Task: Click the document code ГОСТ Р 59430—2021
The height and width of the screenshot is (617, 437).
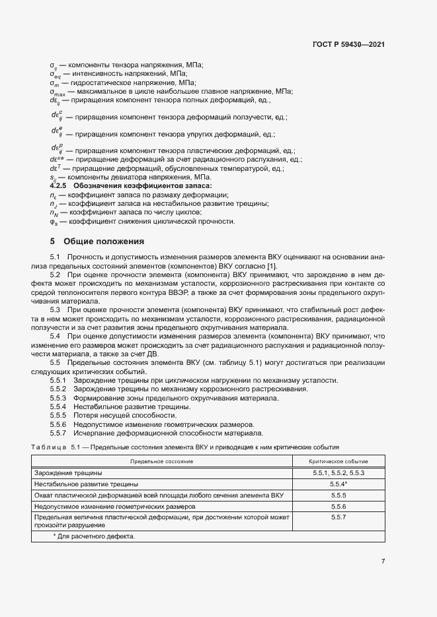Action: [x=348, y=45]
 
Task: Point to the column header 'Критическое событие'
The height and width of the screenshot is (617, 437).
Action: [x=338, y=461]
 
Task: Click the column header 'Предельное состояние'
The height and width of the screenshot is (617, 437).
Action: [x=161, y=461]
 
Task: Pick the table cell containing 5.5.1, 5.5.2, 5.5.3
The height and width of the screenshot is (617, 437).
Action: [x=338, y=473]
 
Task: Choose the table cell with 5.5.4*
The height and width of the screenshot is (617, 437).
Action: [x=338, y=484]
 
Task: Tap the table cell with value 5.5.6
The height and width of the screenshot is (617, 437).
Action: [x=338, y=505]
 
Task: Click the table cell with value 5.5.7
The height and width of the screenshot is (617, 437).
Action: [x=338, y=517]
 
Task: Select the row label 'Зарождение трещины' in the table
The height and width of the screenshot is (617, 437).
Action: [x=68, y=473]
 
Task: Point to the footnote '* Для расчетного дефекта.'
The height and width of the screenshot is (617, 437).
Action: [x=93, y=536]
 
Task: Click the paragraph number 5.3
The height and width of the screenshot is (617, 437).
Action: [x=56, y=309]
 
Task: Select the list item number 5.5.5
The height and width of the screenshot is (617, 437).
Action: [x=59, y=415]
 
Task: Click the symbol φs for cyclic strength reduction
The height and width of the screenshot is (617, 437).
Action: [x=54, y=221]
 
